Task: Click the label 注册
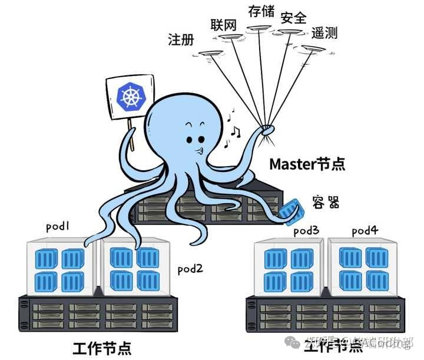click(x=181, y=39)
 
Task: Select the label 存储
click(x=261, y=11)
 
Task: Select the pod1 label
click(x=58, y=226)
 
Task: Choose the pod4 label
click(x=365, y=230)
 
